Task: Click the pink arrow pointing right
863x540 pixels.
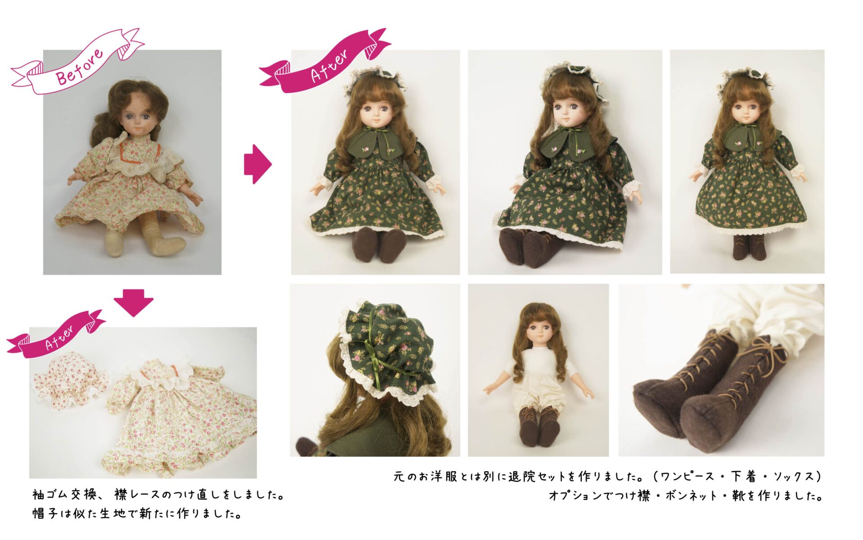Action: click(x=258, y=164)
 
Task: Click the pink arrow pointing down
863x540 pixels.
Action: click(x=133, y=303)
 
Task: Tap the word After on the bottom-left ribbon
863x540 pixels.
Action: click(x=60, y=338)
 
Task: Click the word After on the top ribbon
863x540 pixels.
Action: click(x=329, y=66)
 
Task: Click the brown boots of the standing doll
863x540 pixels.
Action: click(x=747, y=247)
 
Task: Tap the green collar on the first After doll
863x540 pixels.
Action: click(x=375, y=142)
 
